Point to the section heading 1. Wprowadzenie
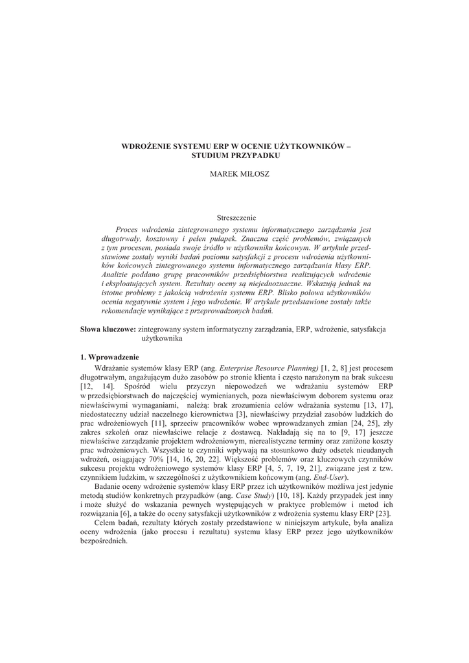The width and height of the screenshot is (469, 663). tap(110, 357)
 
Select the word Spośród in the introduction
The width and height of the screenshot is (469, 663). tap(136, 387)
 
